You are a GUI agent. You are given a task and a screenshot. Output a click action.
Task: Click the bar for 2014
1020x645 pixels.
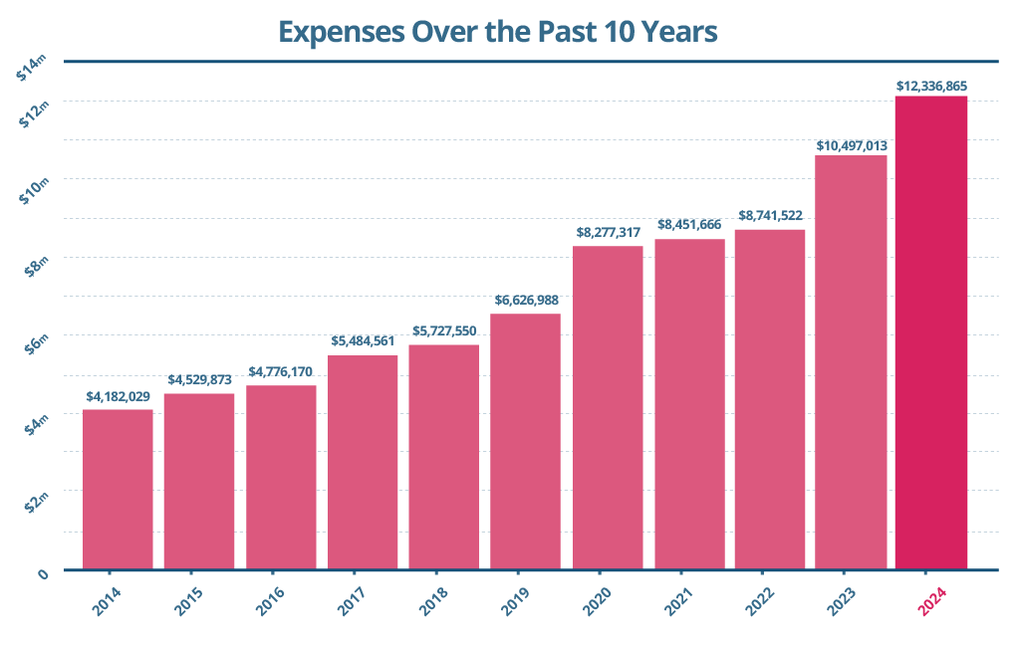click(118, 490)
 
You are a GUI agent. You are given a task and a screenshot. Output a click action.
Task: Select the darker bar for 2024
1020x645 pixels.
click(931, 333)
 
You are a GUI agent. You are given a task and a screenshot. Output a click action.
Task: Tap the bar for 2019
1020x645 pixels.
click(526, 442)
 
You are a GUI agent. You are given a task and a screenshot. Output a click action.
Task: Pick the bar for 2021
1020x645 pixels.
click(689, 404)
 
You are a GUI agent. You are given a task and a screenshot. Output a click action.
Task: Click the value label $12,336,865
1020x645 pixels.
click(931, 86)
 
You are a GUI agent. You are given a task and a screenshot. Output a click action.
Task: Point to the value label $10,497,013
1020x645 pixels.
click(852, 145)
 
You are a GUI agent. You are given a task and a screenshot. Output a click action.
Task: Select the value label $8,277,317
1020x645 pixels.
click(608, 232)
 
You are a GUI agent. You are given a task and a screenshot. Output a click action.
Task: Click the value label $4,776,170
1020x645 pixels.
click(281, 372)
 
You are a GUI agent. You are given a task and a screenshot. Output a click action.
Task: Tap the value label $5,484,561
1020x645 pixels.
click(363, 341)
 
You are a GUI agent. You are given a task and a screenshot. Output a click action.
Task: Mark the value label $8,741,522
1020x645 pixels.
click(770, 215)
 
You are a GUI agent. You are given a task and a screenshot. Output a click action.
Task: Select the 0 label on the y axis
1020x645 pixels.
click(43, 573)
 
